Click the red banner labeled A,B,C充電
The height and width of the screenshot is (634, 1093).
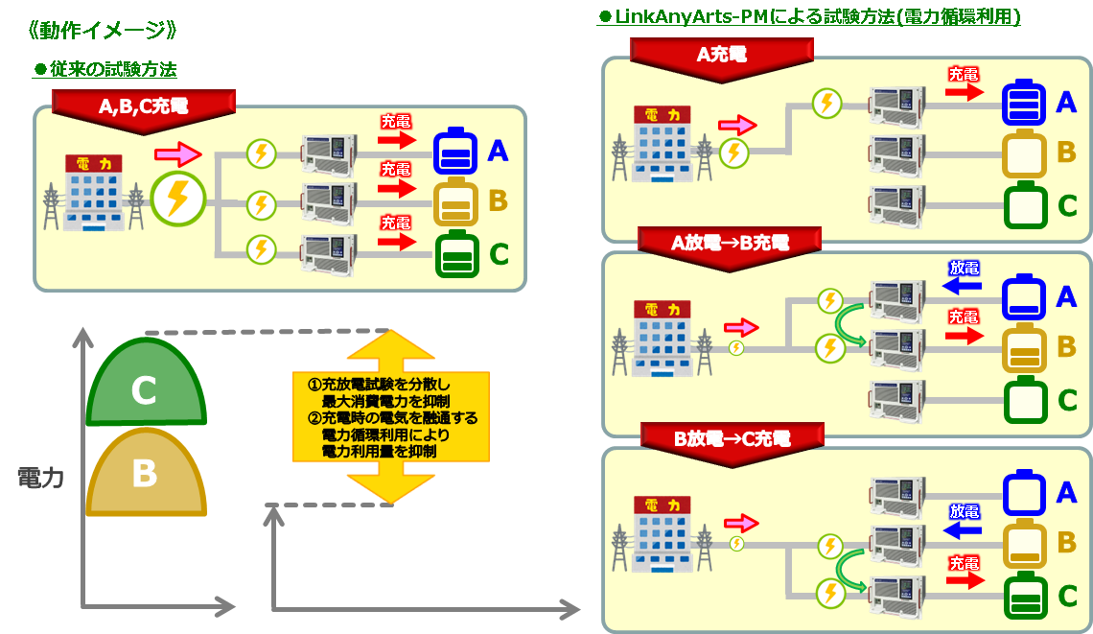click(143, 106)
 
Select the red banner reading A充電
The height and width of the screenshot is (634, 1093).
click(721, 56)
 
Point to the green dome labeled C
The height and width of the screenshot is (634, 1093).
click(145, 384)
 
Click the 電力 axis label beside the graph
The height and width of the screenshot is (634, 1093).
click(40, 478)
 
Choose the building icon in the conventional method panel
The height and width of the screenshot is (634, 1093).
click(93, 192)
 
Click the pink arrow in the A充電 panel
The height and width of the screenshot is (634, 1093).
click(737, 125)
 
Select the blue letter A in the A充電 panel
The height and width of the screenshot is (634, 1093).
click(1066, 101)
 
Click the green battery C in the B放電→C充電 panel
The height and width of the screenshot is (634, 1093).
click(1024, 595)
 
